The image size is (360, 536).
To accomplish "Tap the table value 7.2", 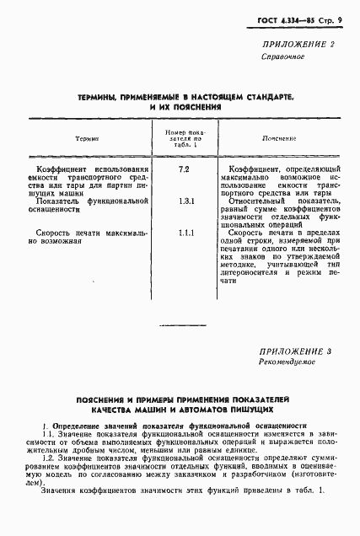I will click(x=183, y=170).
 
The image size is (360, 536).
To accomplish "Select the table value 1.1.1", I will click(x=184, y=232).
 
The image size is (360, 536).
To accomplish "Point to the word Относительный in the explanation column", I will click(x=257, y=201).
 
